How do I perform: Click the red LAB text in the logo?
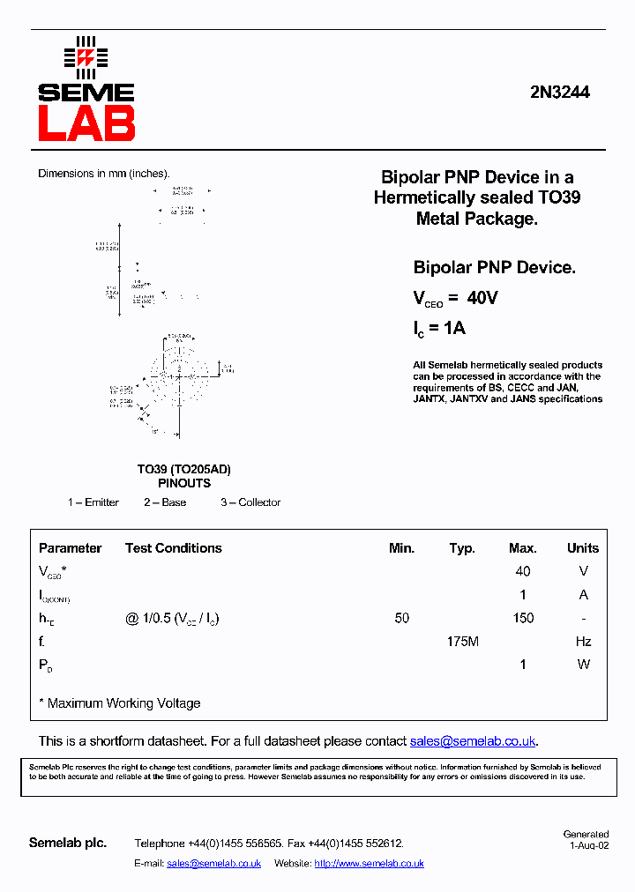tap(86, 123)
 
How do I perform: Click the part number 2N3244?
tap(560, 92)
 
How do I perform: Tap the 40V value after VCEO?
tap(482, 299)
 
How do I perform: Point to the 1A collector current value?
tap(454, 329)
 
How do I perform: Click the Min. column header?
tap(401, 548)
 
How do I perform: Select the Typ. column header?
tap(462, 548)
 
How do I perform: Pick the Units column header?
tap(583, 548)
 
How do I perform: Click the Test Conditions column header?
tap(174, 548)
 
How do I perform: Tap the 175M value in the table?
tap(462, 642)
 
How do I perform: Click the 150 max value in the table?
tap(523, 618)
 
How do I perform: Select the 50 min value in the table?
tap(402, 618)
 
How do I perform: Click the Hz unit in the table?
tap(583, 642)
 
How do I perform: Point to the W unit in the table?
tap(583, 665)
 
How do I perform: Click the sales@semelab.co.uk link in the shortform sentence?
tap(473, 741)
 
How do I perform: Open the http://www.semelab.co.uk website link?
tap(370, 864)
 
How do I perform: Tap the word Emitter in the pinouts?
tap(101, 502)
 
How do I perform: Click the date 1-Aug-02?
tap(588, 844)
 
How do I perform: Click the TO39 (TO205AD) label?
tap(183, 470)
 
